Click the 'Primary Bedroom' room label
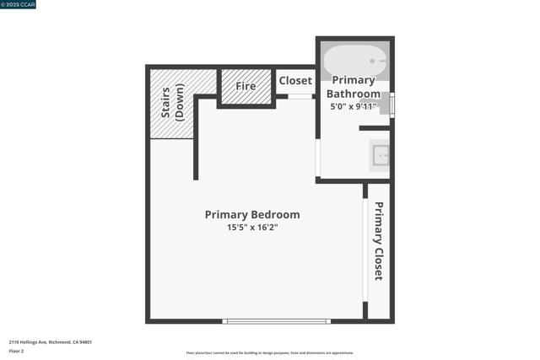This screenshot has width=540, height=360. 251,215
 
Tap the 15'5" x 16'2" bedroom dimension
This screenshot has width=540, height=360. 251,228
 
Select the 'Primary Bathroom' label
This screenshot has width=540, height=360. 354,87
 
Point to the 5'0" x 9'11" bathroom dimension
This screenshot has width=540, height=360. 353,107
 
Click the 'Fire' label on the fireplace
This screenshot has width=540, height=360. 246,86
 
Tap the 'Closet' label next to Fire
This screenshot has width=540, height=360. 295,81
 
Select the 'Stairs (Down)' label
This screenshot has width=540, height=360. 172,103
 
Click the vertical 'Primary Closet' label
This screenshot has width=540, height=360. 379,240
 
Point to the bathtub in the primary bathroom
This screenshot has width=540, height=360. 354,61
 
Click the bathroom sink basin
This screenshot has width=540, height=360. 381,155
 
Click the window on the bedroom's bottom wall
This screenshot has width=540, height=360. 276,321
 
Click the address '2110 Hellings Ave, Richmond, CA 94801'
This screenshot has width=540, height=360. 51,342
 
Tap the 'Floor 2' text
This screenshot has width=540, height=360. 16,351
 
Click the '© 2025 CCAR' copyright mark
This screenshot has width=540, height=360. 18,4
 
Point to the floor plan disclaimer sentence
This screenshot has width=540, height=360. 270,353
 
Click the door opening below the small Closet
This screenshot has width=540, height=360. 300,97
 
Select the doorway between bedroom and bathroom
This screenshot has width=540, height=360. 318,158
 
